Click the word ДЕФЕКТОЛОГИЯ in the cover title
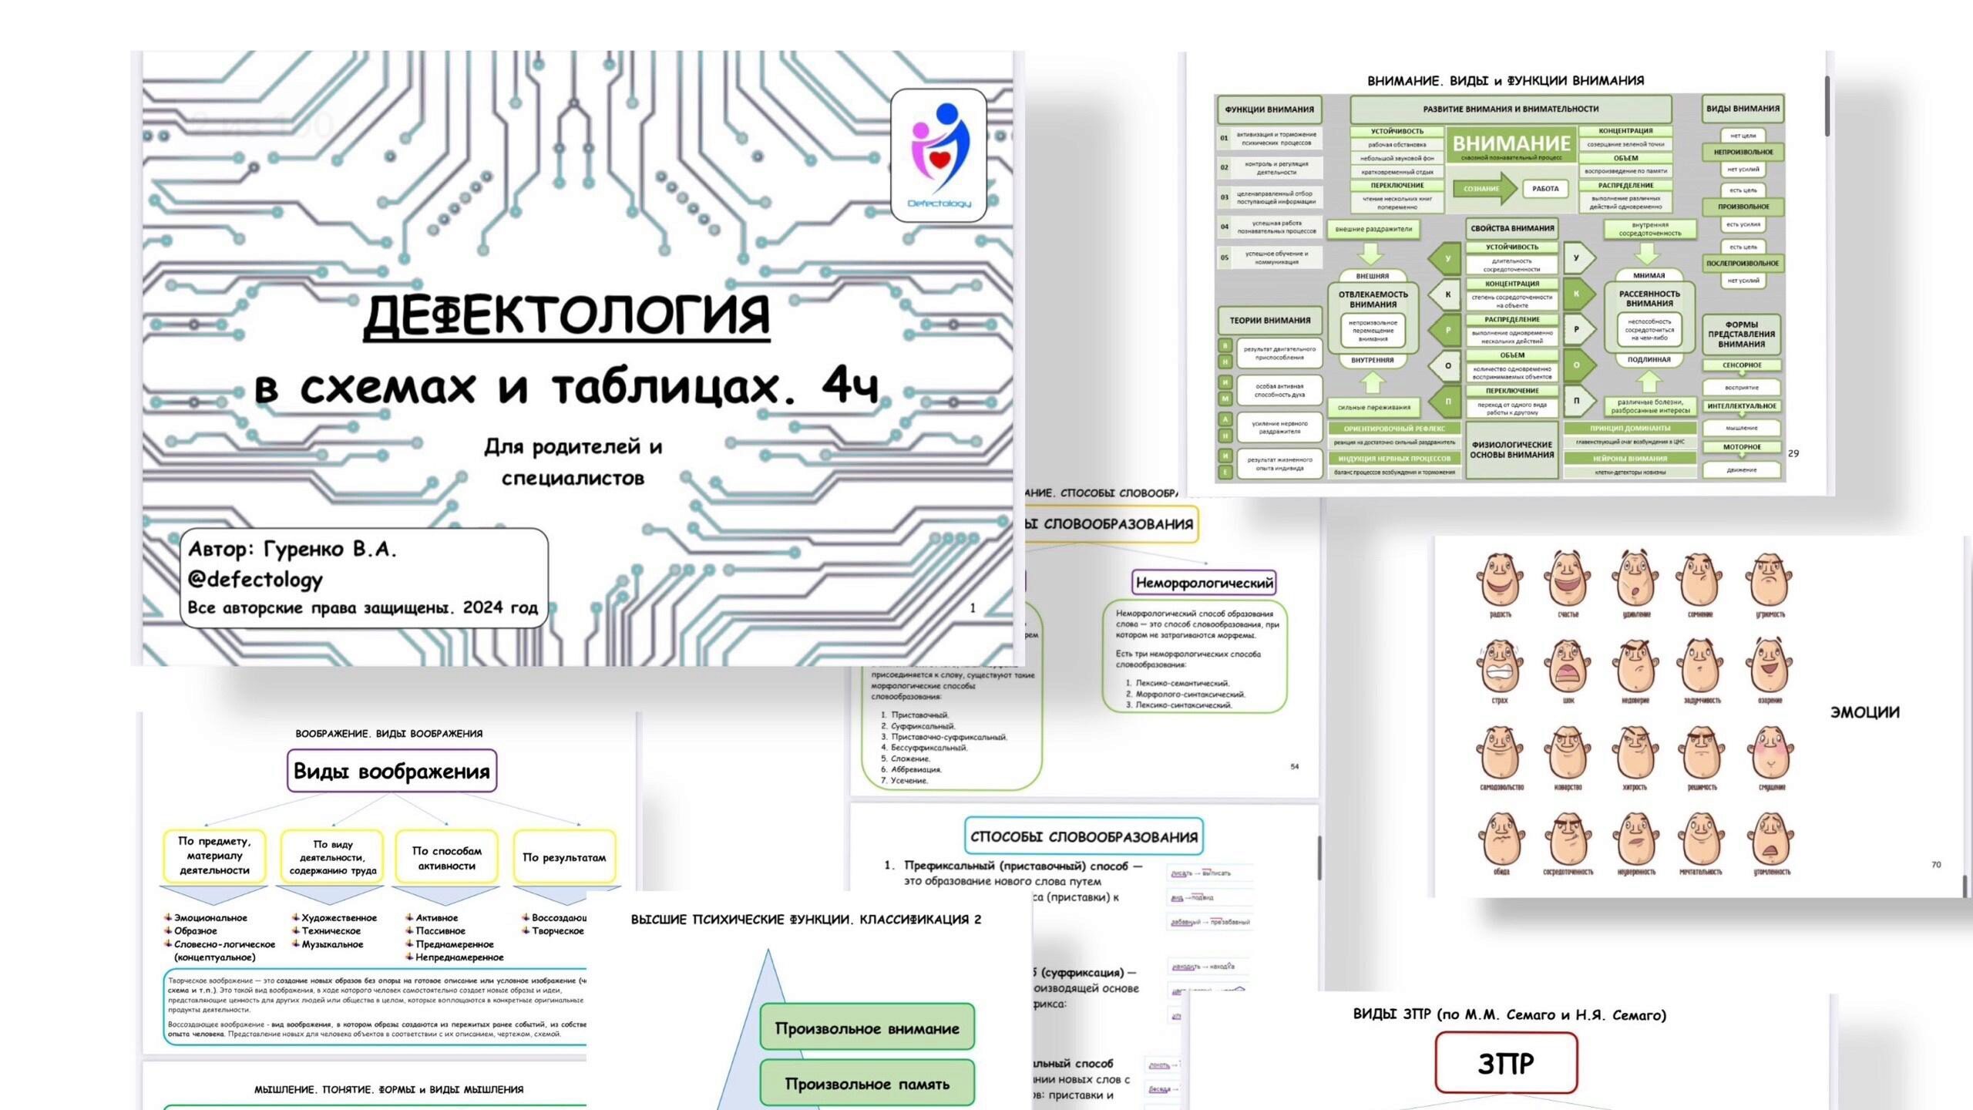(x=566, y=315)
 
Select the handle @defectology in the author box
(x=255, y=579)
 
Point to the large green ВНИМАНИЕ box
(x=1511, y=146)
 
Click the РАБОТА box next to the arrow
(x=1544, y=189)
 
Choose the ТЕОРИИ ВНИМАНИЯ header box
(x=1269, y=320)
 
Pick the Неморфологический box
(x=1204, y=583)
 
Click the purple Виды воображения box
(x=392, y=771)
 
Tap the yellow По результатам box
(x=564, y=857)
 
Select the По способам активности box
(x=446, y=857)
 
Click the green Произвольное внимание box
(x=867, y=1028)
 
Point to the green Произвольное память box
(x=867, y=1084)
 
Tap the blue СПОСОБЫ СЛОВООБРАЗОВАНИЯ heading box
(x=1084, y=836)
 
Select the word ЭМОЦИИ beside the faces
(x=1864, y=712)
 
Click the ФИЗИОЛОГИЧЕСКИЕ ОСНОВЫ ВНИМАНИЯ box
(x=1511, y=449)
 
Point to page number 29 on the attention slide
(x=1793, y=453)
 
